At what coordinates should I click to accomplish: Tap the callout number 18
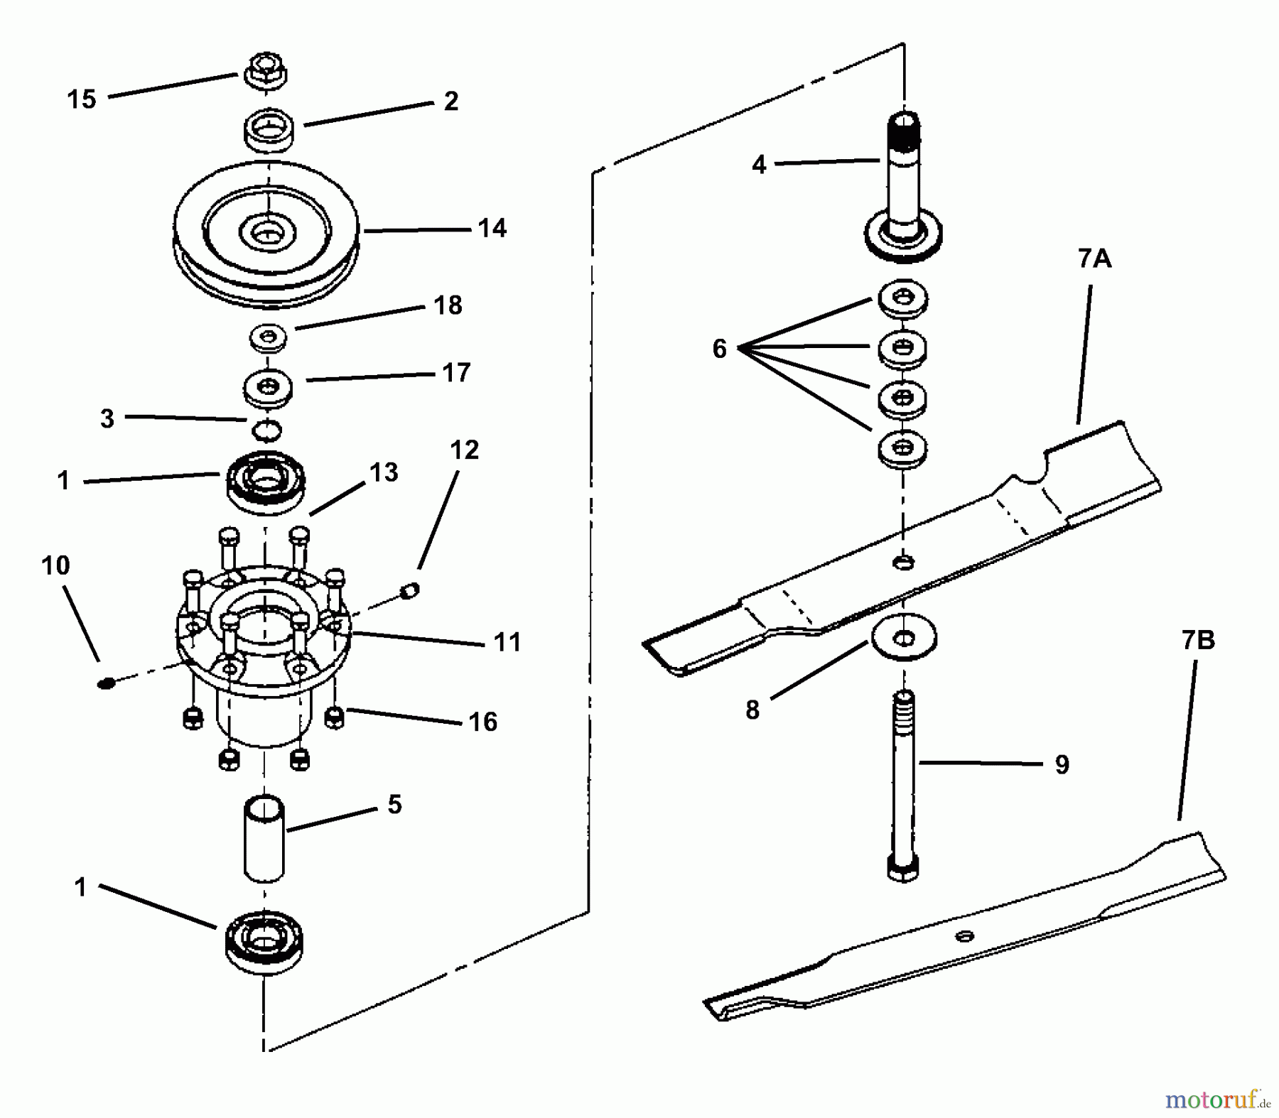(448, 305)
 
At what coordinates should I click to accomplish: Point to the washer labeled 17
(268, 388)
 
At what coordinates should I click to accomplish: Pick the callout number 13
(384, 472)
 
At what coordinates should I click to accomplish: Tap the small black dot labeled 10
(106, 683)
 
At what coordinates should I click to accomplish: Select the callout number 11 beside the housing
(507, 642)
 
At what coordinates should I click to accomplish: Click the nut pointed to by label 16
(334, 717)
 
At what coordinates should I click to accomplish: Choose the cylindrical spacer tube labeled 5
(264, 838)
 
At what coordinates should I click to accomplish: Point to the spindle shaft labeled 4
(902, 185)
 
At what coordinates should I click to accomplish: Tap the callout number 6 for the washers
(719, 349)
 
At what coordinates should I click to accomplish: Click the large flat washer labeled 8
(903, 637)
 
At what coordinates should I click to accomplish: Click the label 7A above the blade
(1094, 259)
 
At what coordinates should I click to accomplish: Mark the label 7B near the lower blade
(1198, 640)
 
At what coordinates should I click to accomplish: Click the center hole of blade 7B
(964, 936)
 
